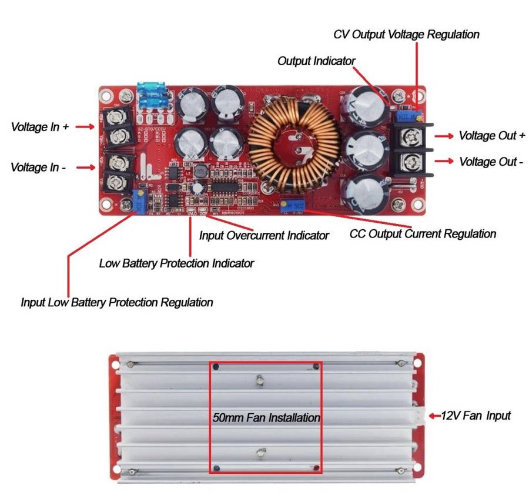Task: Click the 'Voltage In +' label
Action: coord(40,126)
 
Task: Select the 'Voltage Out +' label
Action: coord(492,136)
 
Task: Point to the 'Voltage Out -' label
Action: coord(491,162)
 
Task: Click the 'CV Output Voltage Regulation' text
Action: coord(406,35)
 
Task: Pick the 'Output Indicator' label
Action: coord(316,61)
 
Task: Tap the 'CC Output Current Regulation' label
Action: coord(423,234)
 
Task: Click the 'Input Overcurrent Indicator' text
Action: coord(264,236)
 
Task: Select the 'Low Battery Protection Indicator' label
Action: coord(176,263)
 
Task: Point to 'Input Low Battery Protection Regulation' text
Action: coord(117,303)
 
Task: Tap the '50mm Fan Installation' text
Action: coord(266,418)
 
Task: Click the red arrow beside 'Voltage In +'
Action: coord(85,126)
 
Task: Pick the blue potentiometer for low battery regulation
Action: coord(140,200)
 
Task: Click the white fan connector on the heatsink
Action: coord(418,416)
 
